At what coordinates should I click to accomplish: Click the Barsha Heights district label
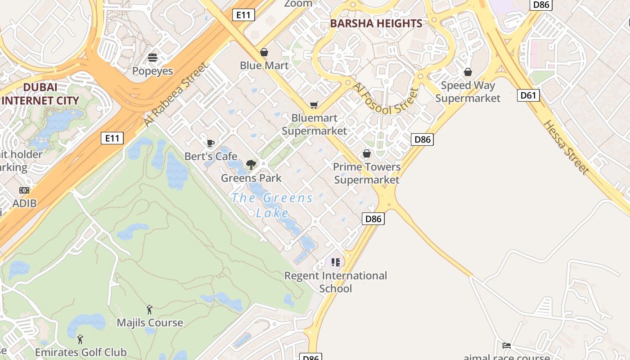coord(376,23)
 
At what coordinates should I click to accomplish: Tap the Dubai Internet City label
coord(40,94)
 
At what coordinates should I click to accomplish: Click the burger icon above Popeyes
coord(153,58)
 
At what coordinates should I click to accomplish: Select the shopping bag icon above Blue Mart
coord(264,52)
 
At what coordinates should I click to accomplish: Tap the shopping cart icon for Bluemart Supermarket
coord(314,105)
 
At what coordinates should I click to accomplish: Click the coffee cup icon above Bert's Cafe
coord(210,143)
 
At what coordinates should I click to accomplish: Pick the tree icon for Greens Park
coord(251,165)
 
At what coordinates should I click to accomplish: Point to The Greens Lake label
coord(272,205)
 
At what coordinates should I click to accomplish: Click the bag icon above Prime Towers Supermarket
coord(367,154)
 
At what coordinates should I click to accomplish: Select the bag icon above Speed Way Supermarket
coord(468,72)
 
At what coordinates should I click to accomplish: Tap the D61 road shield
coord(528,95)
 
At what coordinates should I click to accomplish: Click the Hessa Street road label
coord(566,147)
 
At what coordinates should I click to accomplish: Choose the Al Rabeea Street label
coord(176,94)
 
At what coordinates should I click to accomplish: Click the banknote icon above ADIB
coord(24,190)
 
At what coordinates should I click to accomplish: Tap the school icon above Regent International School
coord(335,262)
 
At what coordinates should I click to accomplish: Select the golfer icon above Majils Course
coord(149,310)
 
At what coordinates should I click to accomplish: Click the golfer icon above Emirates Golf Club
coord(81,339)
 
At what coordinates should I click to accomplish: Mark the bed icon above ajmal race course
coord(507,346)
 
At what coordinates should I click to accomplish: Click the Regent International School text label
coord(336,282)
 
